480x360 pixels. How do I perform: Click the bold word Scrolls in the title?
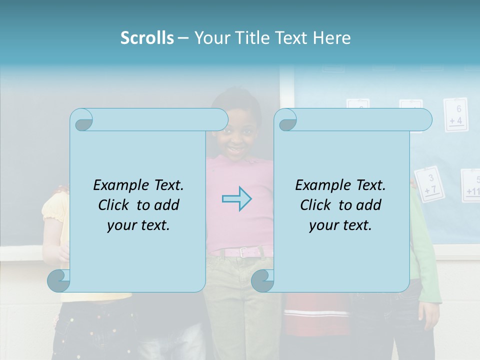coord(147,38)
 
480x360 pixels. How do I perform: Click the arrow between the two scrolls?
coord(236,199)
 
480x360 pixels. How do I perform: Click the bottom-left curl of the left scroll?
coord(59,281)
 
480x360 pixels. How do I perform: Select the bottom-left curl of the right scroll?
coord(263,281)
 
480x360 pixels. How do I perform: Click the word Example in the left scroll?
coord(118,185)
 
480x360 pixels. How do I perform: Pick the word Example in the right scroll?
coord(320,185)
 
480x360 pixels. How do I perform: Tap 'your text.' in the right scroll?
coord(340,225)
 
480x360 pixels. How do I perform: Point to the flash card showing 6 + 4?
coord(455,114)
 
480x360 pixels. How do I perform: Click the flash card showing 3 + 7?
coord(429,184)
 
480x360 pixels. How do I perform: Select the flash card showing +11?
coord(471,185)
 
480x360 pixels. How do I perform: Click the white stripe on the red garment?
coord(316,313)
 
